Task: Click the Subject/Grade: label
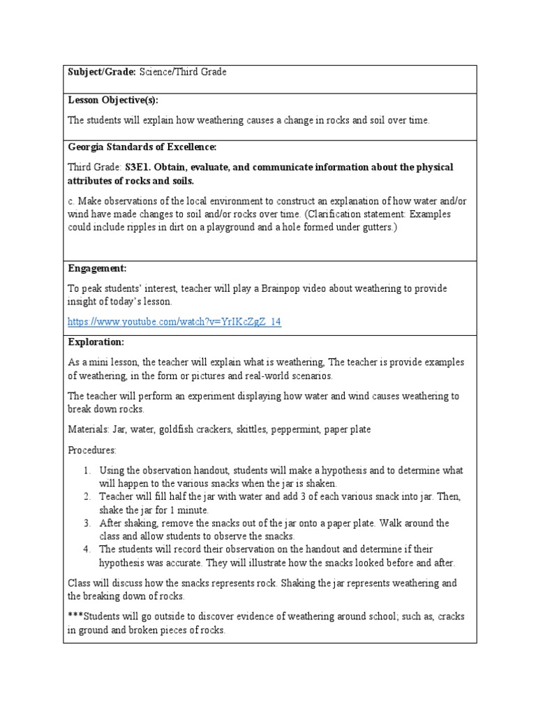(102, 73)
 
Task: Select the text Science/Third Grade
(183, 73)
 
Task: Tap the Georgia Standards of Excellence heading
(142, 147)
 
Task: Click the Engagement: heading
(97, 268)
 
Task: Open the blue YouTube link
(174, 322)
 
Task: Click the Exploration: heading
(96, 342)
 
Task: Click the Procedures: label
(91, 450)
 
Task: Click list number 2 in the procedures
(87, 496)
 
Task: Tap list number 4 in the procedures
(87, 550)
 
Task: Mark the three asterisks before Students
(75, 617)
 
